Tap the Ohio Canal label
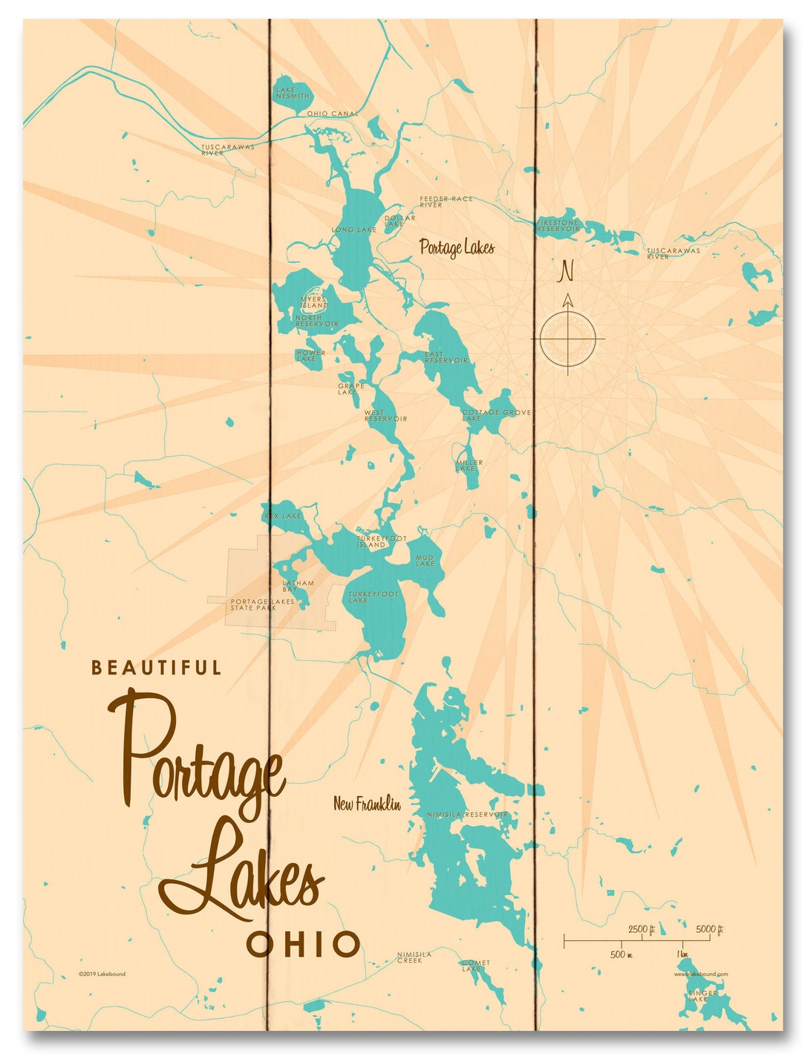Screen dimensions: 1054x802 click(332, 114)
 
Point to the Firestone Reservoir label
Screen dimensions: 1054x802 click(558, 226)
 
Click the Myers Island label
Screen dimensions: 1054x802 click(314, 302)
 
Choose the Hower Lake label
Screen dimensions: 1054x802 click(310, 356)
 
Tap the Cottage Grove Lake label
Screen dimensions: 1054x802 click(496, 415)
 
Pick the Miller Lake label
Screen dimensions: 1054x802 click(469, 466)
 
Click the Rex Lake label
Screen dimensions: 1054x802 click(283, 515)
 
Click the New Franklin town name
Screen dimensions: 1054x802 click(367, 804)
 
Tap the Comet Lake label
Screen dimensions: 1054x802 click(475, 966)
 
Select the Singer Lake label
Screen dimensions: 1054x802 click(702, 995)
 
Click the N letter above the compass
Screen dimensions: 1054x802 click(567, 271)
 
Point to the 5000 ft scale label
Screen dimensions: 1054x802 click(709, 929)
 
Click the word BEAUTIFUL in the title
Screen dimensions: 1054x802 click(156, 668)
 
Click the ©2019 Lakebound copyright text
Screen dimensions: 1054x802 click(102, 974)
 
